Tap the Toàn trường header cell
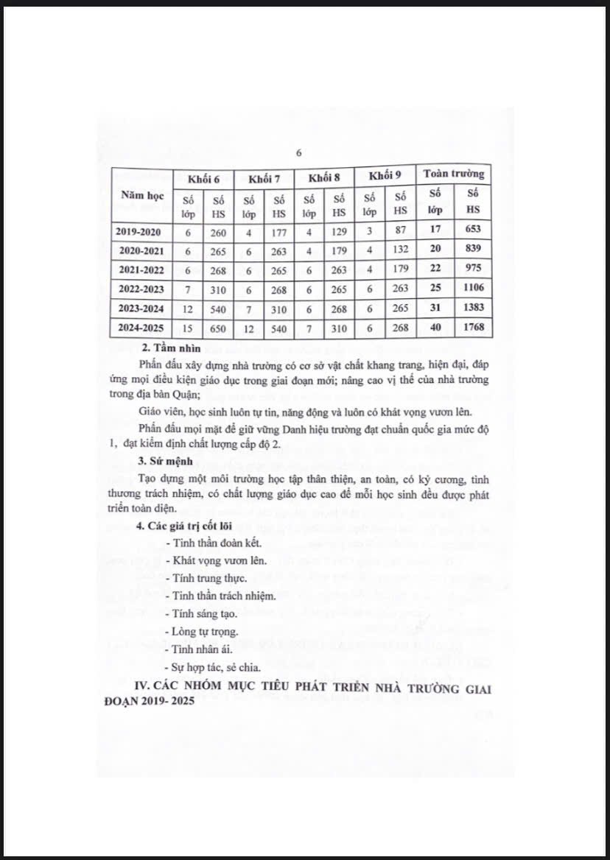(x=454, y=174)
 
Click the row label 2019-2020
(x=140, y=231)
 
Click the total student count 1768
(x=472, y=327)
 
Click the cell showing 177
(x=278, y=232)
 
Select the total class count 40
(x=435, y=328)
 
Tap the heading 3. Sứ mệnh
(x=167, y=462)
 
